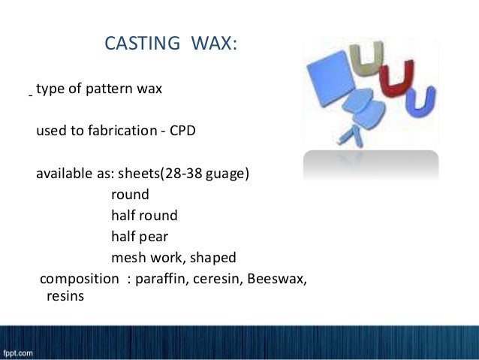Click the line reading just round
130,195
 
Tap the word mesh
127,258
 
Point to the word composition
79,280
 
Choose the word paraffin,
160,280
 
